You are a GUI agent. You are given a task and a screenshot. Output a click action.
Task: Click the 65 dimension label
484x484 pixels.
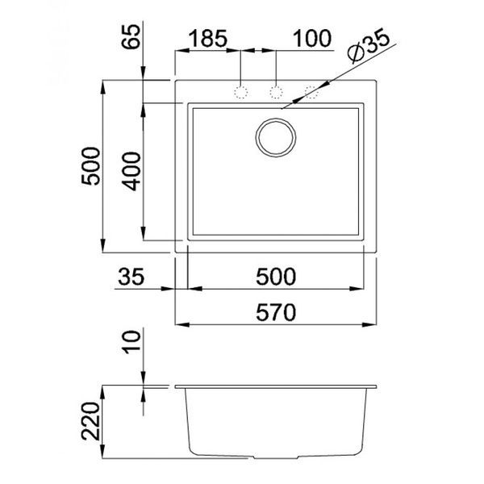[x=131, y=36]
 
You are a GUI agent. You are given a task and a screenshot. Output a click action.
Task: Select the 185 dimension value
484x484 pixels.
[x=207, y=39]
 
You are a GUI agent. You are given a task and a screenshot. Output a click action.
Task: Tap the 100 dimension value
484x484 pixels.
[x=311, y=39]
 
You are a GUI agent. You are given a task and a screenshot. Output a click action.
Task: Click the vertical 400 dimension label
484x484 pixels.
[x=131, y=171]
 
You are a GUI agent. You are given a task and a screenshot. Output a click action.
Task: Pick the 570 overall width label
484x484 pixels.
[x=276, y=312]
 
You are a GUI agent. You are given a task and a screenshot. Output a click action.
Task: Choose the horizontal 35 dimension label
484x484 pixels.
[x=131, y=276]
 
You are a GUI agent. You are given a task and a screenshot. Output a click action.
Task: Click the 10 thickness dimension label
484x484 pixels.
[x=131, y=342]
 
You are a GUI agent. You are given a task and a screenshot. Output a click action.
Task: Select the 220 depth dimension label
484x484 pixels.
[x=91, y=421]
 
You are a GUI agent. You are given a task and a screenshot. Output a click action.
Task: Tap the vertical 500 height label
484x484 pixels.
[x=91, y=166]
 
